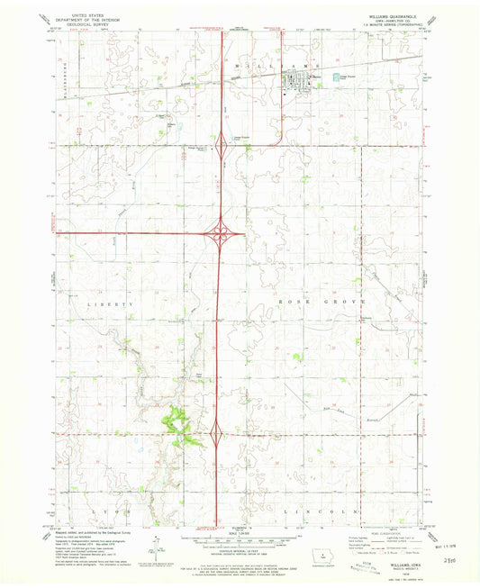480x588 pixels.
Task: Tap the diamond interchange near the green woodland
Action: click(x=218, y=436)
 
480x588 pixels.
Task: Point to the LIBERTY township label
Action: click(x=111, y=305)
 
